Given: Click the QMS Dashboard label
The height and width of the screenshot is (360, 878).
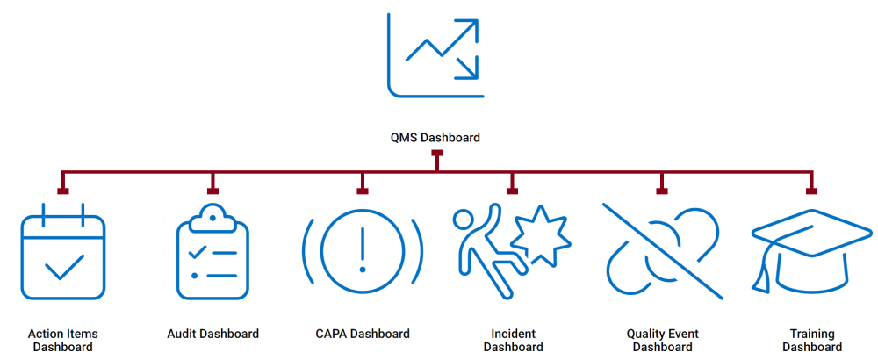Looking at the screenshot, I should click(x=435, y=138).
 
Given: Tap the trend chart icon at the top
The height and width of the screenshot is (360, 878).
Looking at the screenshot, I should click(x=435, y=54).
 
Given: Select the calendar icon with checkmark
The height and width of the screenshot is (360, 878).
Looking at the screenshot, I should click(x=63, y=253).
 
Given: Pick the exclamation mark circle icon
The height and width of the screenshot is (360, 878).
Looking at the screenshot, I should click(x=362, y=250).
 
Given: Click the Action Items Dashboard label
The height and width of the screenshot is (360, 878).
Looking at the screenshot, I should click(x=63, y=340).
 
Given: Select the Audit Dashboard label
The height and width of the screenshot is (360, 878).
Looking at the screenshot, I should click(x=212, y=334).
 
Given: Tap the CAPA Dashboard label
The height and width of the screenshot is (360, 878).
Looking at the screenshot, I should click(x=362, y=334).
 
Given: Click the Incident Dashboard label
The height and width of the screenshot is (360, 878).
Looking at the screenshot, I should click(x=513, y=340).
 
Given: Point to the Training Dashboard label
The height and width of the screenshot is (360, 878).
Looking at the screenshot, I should click(x=811, y=340).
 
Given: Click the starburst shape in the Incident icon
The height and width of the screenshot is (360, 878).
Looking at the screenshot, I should click(x=537, y=237).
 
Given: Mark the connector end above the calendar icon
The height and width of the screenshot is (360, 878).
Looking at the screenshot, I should click(x=63, y=190).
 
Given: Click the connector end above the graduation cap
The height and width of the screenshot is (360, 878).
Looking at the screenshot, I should click(x=811, y=190).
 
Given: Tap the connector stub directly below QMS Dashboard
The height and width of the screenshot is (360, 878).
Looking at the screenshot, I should click(x=437, y=155).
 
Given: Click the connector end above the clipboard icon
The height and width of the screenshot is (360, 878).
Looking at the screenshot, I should click(x=212, y=190).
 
